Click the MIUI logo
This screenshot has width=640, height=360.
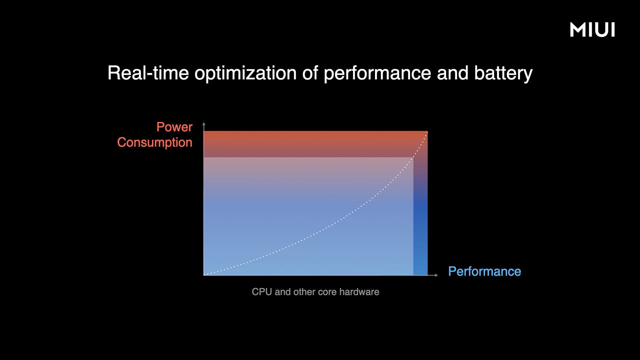pyautogui.click(x=592, y=30)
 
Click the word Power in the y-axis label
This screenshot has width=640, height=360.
pyautogui.click(x=174, y=127)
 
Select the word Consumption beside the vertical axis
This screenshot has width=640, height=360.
pyautogui.click(x=155, y=143)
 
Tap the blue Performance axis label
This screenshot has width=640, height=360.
pyautogui.click(x=485, y=271)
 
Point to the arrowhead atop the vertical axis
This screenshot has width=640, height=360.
pyautogui.click(x=204, y=124)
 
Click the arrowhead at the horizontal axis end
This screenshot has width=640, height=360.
pyautogui.click(x=436, y=275)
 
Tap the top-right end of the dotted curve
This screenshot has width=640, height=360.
pyautogui.click(x=427, y=132)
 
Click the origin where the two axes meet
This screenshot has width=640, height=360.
pyautogui.click(x=204, y=275)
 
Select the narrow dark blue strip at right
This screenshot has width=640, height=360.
pyautogui.click(x=420, y=216)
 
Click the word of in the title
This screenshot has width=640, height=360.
pyautogui.click(x=310, y=73)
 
